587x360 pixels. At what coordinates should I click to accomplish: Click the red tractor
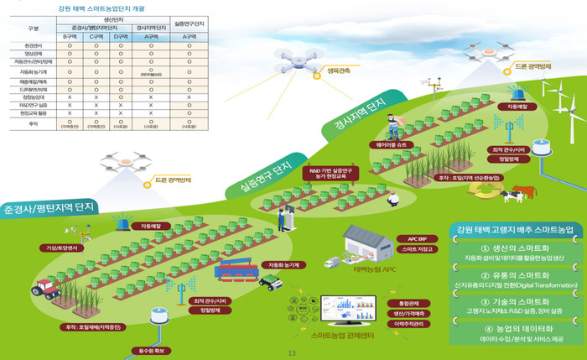click(46, 288)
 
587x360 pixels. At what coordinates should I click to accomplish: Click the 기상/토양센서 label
click(62, 248)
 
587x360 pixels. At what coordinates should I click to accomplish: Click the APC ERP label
click(418, 238)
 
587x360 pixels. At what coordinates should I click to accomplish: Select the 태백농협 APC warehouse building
click(368, 244)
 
